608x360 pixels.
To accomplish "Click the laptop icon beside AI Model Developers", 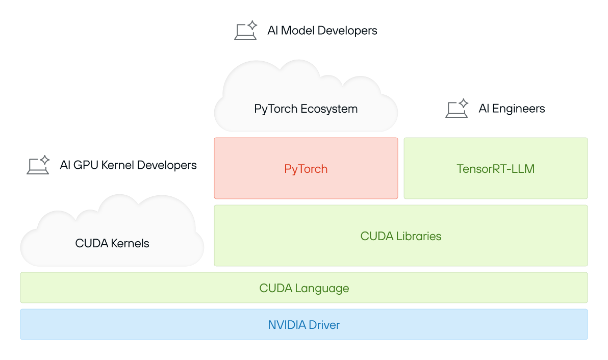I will [245, 32].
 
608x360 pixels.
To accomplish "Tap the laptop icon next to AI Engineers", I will [457, 110].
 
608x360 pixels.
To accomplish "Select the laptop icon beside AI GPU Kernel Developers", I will [38, 166].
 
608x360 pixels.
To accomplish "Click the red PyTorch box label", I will [306, 169].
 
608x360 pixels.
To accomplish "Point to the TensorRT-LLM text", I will [495, 169].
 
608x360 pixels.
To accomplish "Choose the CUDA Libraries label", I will [400, 236].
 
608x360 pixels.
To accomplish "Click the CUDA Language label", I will [304, 288].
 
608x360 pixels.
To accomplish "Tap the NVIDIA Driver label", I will [304, 325].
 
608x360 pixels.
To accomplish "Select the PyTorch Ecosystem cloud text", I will [306, 109].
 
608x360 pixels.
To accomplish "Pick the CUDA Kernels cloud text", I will [112, 243].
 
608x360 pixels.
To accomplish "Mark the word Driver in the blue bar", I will [324, 325].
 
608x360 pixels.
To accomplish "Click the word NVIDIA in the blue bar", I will [287, 325].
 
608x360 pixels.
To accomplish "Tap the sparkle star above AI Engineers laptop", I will [463, 103].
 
